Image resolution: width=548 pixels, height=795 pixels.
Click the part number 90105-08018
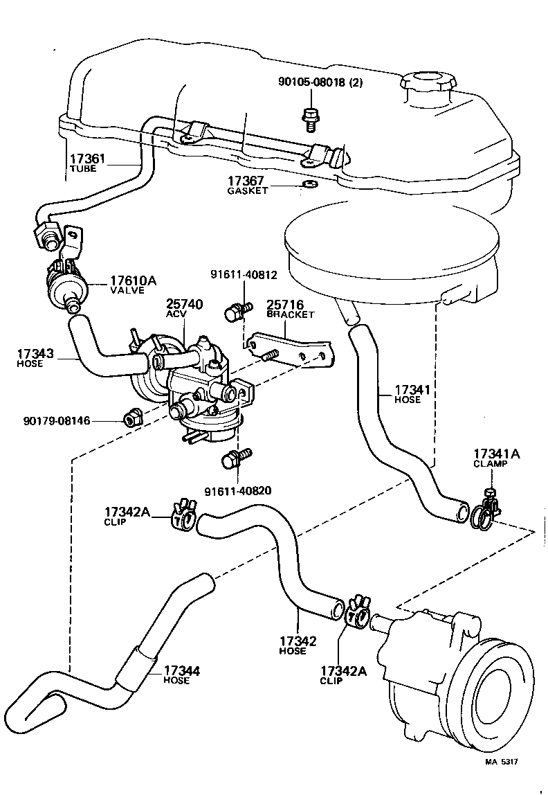click(316, 83)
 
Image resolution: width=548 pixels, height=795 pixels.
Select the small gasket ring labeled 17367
click(307, 185)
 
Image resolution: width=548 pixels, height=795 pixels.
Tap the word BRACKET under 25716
click(291, 314)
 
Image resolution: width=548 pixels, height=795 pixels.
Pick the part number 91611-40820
click(237, 491)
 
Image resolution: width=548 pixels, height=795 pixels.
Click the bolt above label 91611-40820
click(233, 458)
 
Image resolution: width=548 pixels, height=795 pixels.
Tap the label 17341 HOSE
click(412, 394)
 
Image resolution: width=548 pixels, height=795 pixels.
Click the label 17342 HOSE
click(298, 646)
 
